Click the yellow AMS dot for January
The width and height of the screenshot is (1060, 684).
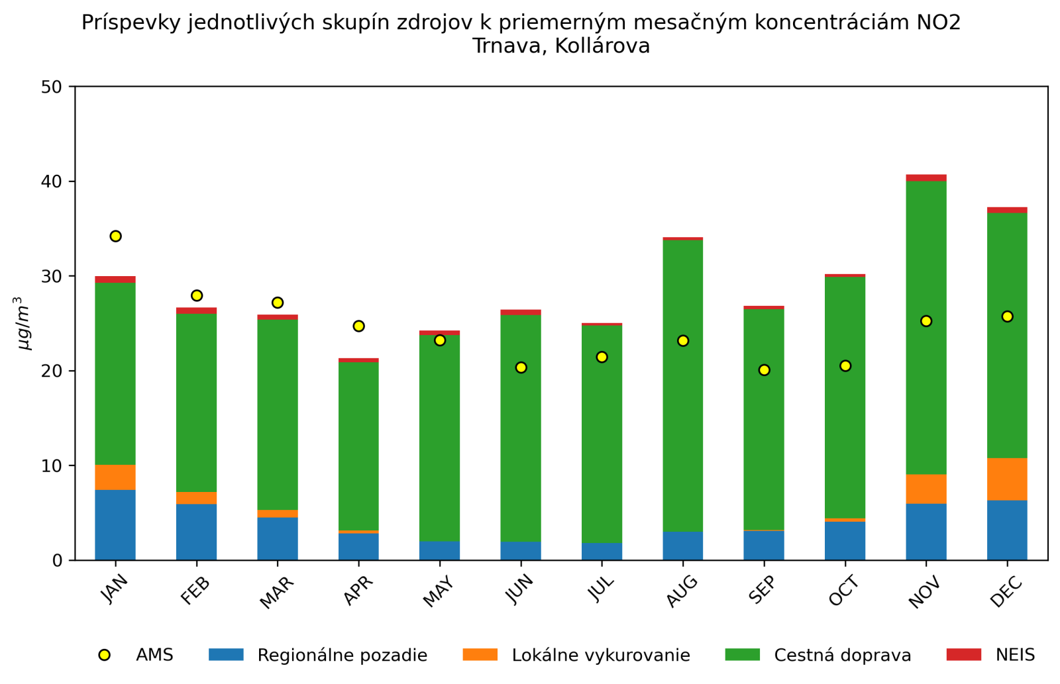115,236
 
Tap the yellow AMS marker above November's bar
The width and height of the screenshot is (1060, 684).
926,321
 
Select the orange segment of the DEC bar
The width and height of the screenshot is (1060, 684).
1007,479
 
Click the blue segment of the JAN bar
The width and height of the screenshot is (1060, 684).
115,525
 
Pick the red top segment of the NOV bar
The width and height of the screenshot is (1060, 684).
926,177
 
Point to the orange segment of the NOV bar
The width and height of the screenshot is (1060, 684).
926,489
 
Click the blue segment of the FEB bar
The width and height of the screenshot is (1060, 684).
196,532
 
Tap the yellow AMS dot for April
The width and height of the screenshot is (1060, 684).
358,326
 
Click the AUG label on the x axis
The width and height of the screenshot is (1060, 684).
682,591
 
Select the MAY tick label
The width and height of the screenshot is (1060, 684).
439,591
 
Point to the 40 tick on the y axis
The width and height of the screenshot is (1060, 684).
56,181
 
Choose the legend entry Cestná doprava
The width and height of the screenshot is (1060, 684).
842,656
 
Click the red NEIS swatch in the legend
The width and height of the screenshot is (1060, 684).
964,655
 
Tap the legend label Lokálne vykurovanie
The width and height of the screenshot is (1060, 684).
601,656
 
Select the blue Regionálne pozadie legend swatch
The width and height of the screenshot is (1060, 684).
226,655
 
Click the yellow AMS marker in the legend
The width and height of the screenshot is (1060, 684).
104,655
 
